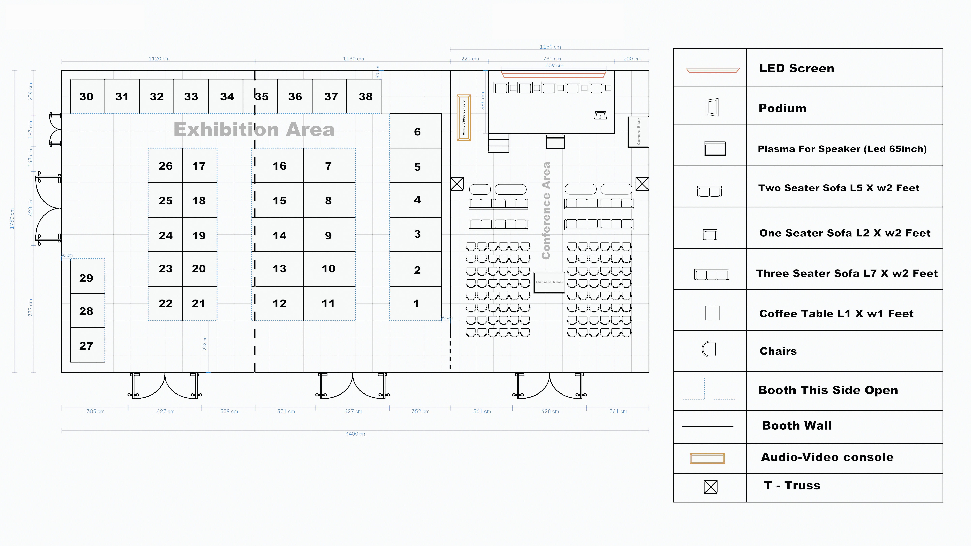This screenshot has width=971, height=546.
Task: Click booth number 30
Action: pos(86,96)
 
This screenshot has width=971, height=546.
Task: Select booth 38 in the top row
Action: pos(365,96)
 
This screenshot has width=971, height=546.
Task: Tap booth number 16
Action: pos(279,166)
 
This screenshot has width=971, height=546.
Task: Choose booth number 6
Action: pos(417,131)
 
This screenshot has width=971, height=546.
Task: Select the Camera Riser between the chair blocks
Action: pos(549,282)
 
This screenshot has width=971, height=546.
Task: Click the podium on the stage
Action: pos(600,115)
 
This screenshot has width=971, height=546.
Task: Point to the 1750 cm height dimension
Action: pos(12,219)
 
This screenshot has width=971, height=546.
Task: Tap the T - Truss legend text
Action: pos(792,485)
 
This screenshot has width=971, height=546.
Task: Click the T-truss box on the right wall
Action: pos(642,184)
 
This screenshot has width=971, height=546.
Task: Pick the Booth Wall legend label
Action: pos(797,425)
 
